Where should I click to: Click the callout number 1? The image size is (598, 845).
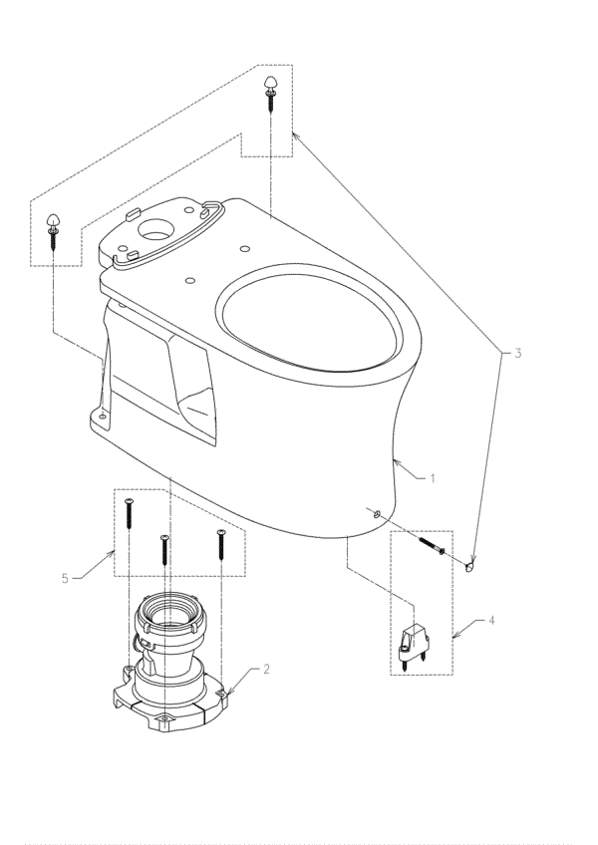point(433,478)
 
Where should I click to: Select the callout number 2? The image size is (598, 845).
point(267,669)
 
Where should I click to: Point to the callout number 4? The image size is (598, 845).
point(490,620)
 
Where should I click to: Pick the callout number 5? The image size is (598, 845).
point(66,579)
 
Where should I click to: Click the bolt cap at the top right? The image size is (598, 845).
point(270,84)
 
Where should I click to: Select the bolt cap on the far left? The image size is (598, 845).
point(54,221)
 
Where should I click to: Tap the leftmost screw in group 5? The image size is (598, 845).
point(130,512)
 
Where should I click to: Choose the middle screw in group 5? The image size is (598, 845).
point(165,550)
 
